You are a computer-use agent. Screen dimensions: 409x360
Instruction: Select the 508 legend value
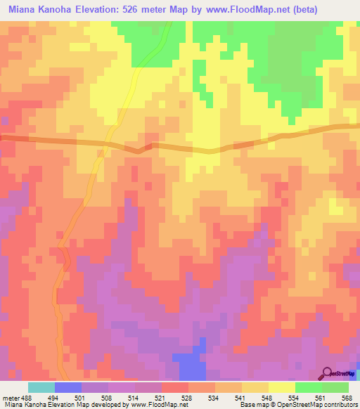[x=108, y=396]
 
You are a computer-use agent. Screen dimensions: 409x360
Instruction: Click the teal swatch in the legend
[x=41, y=387]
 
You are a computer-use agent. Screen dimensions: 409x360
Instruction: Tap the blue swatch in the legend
[x=67, y=387]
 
